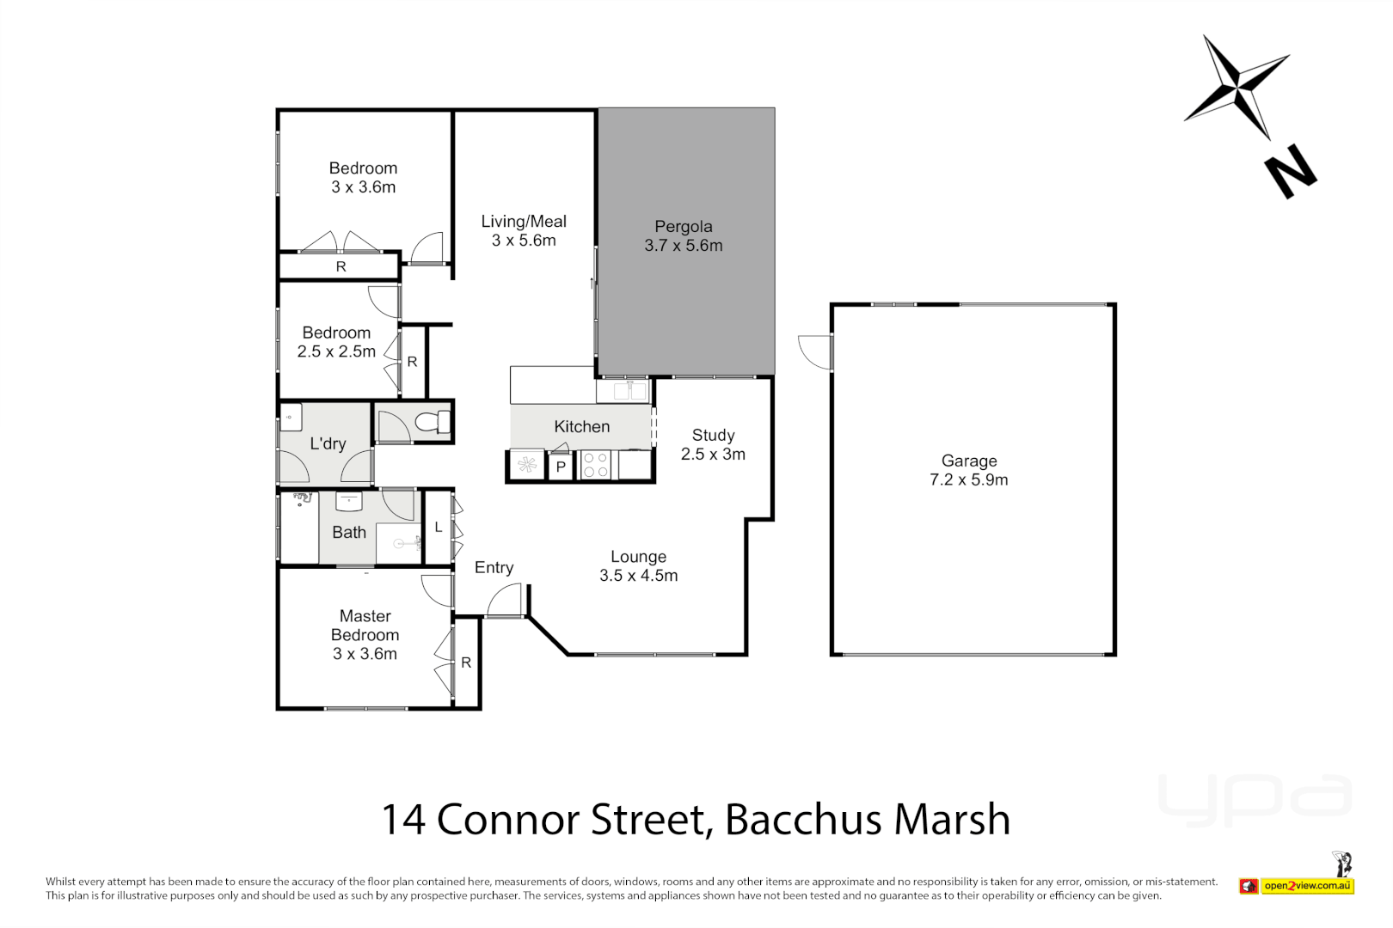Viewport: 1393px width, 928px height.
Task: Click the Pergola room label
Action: pos(683,226)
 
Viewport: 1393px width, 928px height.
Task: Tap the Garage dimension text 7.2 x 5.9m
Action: pos(968,479)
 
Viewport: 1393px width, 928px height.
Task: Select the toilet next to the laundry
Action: pos(432,422)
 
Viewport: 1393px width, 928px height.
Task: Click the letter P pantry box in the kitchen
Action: pos(561,467)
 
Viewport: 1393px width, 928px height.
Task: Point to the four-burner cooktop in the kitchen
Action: pos(595,465)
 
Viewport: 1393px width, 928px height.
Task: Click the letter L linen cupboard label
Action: pos(438,527)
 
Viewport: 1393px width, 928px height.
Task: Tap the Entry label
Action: pos(494,567)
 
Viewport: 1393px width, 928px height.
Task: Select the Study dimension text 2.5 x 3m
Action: pos(713,454)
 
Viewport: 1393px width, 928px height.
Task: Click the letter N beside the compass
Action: pos(1290,171)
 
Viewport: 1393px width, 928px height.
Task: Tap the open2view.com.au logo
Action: pos(1307,885)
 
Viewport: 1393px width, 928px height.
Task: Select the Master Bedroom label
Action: pos(365,626)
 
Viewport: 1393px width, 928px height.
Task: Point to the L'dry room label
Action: pos(328,443)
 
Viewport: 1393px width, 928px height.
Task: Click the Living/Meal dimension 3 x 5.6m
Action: pos(524,241)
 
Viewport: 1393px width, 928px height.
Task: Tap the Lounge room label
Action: pos(638,557)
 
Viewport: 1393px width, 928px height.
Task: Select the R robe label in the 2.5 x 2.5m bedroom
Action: pos(412,362)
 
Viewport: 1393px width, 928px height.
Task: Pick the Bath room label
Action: pos(349,532)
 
